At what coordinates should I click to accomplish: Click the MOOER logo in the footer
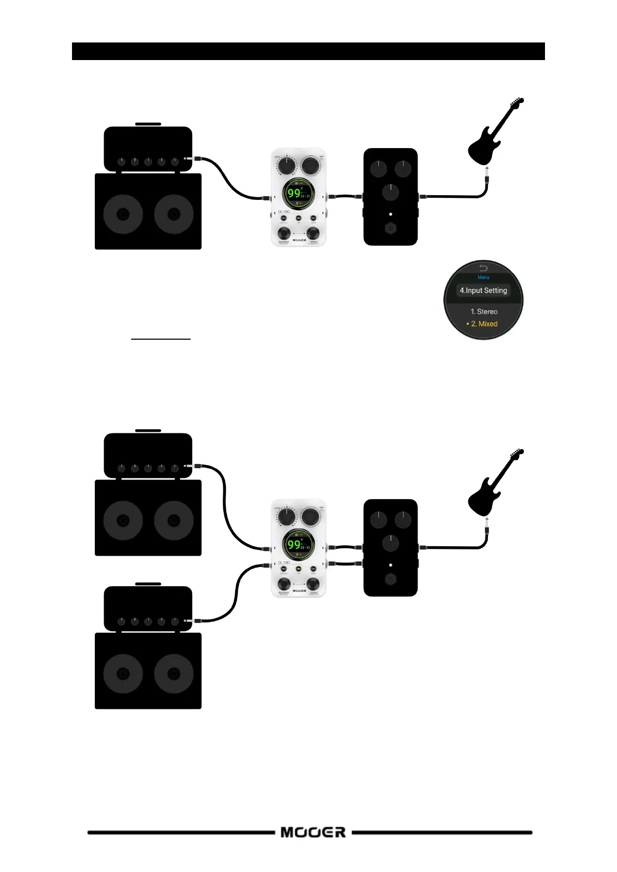[313, 832]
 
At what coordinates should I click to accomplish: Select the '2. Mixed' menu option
[484, 324]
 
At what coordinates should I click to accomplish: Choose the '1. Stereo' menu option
[484, 311]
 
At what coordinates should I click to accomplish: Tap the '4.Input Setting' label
[483, 290]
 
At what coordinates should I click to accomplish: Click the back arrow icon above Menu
[483, 268]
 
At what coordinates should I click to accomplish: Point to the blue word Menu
[483, 278]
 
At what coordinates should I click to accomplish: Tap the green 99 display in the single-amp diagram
[294, 193]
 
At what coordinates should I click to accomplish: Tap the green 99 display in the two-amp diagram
[294, 544]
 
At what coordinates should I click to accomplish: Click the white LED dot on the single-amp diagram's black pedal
[391, 214]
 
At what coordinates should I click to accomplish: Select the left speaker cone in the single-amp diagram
[123, 214]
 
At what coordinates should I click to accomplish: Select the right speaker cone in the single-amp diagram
[174, 214]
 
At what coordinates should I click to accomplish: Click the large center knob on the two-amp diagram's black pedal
[391, 543]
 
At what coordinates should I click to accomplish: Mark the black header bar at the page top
[308, 51]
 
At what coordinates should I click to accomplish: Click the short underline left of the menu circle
[161, 339]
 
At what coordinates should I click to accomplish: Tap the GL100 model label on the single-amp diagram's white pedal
[283, 211]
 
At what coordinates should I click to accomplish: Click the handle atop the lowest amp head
[148, 584]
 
